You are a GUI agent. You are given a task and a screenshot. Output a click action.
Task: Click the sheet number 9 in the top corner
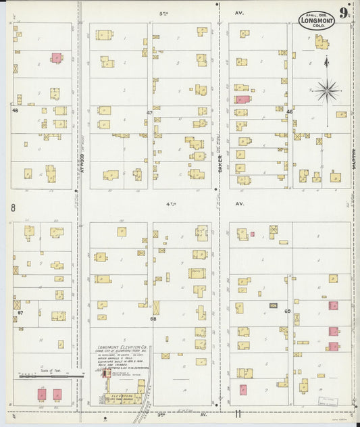point(344,13)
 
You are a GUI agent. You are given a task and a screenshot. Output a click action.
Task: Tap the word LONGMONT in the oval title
point(316,20)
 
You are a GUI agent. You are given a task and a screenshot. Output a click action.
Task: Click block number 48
point(14,109)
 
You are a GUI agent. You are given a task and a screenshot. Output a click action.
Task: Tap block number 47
point(150,111)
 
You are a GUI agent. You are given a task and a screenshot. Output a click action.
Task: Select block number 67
point(20,313)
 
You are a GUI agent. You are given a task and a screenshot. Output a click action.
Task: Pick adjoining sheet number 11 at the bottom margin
point(238,413)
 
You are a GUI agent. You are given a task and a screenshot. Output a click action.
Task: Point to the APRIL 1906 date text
point(316,14)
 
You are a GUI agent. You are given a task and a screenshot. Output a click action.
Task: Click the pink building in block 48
point(55,58)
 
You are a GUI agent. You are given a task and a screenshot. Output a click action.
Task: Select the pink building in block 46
point(242,99)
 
